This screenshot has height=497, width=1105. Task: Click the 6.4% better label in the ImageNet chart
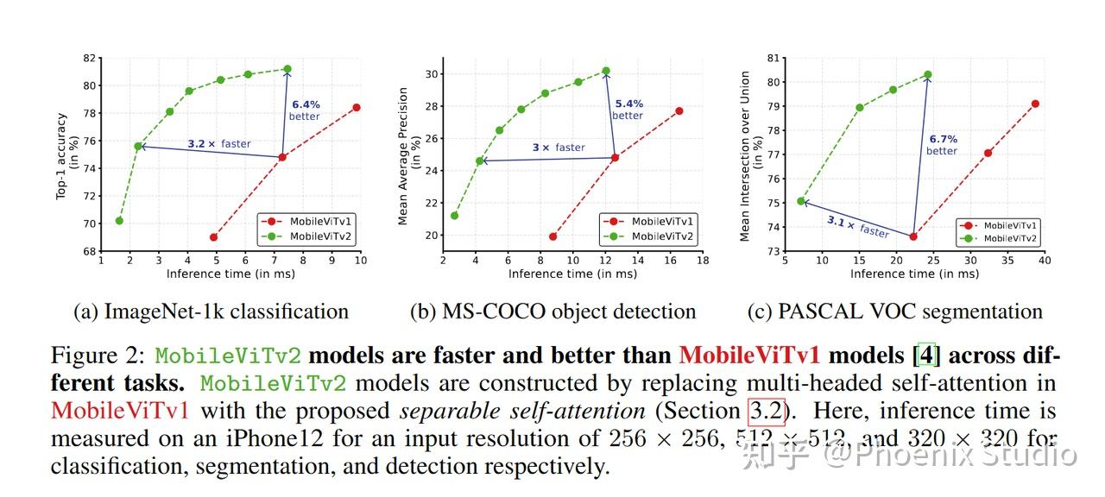tap(304, 110)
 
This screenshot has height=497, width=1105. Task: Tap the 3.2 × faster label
tap(219, 144)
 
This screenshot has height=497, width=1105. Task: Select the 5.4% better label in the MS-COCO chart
tap(628, 110)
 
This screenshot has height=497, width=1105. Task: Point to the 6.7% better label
tap(942, 145)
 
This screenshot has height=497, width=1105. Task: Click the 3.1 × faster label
tap(857, 226)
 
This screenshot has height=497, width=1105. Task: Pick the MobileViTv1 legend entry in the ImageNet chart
tap(312, 222)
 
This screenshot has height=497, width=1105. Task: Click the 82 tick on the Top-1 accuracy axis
tap(90, 58)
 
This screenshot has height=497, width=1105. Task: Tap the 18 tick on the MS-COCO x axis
tap(703, 260)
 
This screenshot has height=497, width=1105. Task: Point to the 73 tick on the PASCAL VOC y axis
tap(773, 251)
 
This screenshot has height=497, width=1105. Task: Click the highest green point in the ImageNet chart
tap(287, 69)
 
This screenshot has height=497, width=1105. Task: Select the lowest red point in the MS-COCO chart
tap(552, 236)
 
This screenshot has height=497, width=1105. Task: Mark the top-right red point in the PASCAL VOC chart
tap(1035, 104)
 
